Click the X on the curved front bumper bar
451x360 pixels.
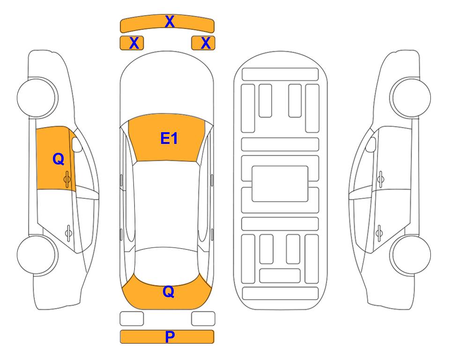pyautogui.click(x=170, y=22)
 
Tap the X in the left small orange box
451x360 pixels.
pyautogui.click(x=134, y=43)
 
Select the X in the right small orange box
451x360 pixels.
pyautogui.click(x=206, y=43)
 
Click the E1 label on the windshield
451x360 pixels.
pyautogui.click(x=169, y=138)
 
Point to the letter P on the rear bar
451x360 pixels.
pyautogui.click(x=170, y=337)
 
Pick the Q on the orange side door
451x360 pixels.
pyautogui.click(x=58, y=159)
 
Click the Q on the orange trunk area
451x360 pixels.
pyautogui.click(x=169, y=292)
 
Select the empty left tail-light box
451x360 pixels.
pyautogui.click(x=132, y=319)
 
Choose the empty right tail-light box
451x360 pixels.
pyautogui.click(x=203, y=319)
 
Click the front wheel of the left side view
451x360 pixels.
pyautogui.click(x=37, y=97)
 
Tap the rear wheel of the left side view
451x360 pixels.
pyautogui.click(x=37, y=255)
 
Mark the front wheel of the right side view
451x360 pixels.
pyautogui.click(x=411, y=97)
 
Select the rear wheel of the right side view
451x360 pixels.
pyautogui.click(x=411, y=255)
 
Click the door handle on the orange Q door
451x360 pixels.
pyautogui.click(x=67, y=179)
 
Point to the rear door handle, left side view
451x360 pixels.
pyautogui.click(x=68, y=232)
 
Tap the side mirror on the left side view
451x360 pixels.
pyautogui.click(x=76, y=144)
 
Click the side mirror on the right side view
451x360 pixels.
pyautogui.click(x=371, y=144)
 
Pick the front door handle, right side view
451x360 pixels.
pyautogui.click(x=380, y=179)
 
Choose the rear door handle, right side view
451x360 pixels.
pyautogui.click(x=379, y=232)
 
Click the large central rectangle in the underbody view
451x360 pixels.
pyautogui.click(x=280, y=184)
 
